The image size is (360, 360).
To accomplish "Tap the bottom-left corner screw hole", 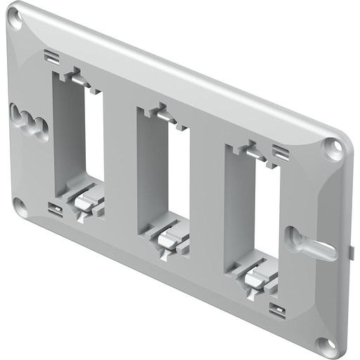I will click(x=20, y=205).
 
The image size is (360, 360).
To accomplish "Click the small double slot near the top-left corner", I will click(x=50, y=57).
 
